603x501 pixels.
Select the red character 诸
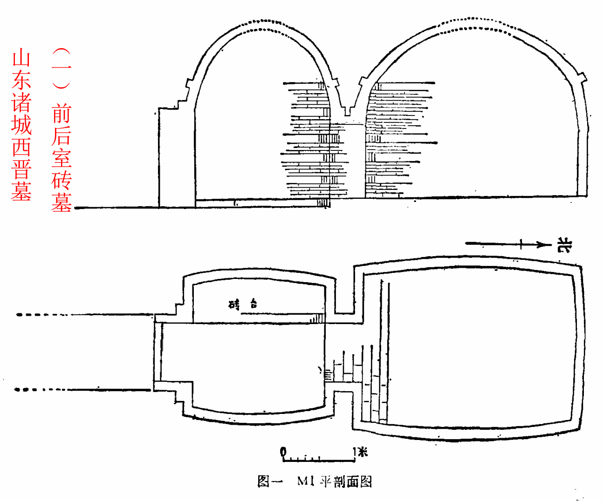pyautogui.click(x=21, y=103)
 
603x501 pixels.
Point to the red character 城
pyautogui.click(x=21, y=125)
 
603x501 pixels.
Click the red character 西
pyautogui.click(x=21, y=147)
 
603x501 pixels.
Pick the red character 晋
pyautogui.click(x=21, y=169)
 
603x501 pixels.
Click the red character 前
pyautogui.click(x=62, y=114)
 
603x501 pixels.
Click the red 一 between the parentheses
pyautogui.click(x=62, y=70)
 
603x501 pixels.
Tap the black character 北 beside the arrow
pyautogui.click(x=564, y=245)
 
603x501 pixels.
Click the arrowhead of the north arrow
pyautogui.click(x=541, y=244)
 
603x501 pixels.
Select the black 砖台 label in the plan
pyautogui.click(x=243, y=305)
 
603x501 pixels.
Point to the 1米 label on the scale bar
pyautogui.click(x=360, y=451)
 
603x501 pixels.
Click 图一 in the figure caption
pyautogui.click(x=269, y=481)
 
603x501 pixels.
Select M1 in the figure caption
pyautogui.click(x=305, y=481)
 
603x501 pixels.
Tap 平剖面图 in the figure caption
pyautogui.click(x=346, y=481)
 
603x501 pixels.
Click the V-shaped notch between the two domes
pyautogui.click(x=347, y=110)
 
